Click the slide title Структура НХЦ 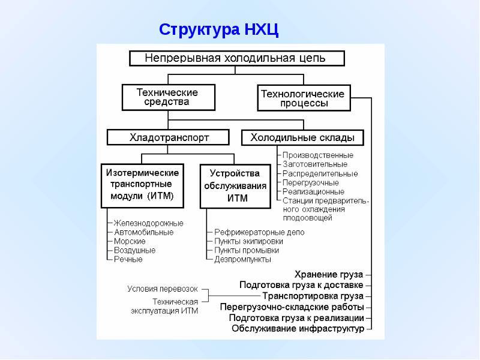pos(218,30)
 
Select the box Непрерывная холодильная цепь pos(237,58)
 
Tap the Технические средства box pos(169,97)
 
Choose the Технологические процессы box pos(304,98)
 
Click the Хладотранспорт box pos(168,137)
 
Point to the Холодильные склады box pos(302,137)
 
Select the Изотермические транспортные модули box pos(142,186)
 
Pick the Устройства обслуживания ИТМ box pos(235,186)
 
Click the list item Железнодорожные pos(148,223)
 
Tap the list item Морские pos(130,241)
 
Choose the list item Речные pos(128,259)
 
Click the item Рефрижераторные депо pos(259,232)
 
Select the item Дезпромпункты pos(242,260)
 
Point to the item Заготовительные pos(314,164)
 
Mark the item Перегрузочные pos(310,183)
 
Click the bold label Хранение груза pos(328,274)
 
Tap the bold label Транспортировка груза pos(313,296)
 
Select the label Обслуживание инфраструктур pos(298,329)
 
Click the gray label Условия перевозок pos(163,289)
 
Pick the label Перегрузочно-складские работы pos(292,307)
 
